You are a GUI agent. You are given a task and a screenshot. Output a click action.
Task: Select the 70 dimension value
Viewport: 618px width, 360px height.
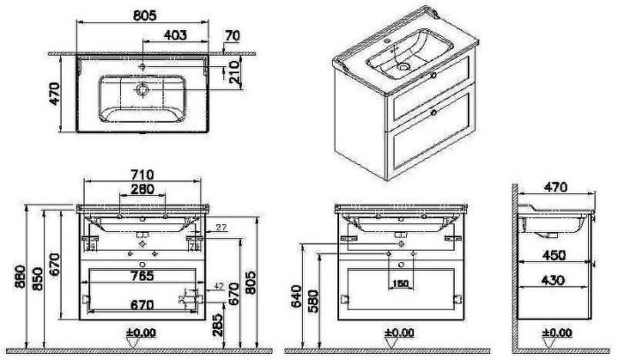click(232, 36)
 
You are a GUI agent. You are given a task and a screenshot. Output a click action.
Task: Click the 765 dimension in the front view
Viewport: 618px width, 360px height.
click(142, 275)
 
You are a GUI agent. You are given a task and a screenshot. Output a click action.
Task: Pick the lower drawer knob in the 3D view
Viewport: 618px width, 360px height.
click(433, 113)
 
